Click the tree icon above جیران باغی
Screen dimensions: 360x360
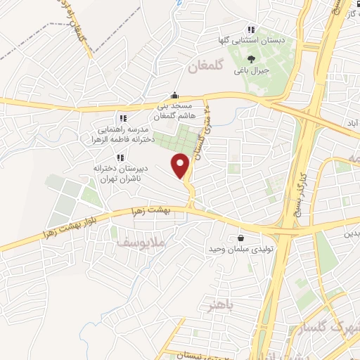coord(252,58)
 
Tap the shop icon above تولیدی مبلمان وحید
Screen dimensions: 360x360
coord(242,238)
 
